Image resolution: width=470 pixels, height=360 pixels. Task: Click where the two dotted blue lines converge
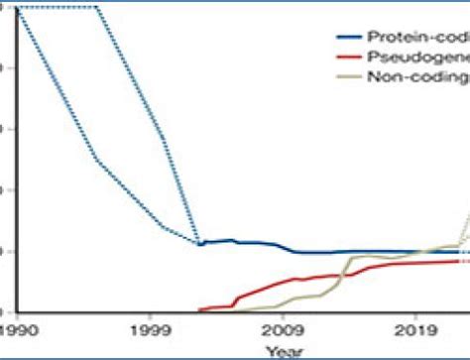[200, 243]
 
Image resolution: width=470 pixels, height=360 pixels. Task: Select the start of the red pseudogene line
[200, 309]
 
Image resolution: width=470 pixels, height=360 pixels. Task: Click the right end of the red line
[458, 260]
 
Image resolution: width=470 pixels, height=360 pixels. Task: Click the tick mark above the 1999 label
[150, 313]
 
